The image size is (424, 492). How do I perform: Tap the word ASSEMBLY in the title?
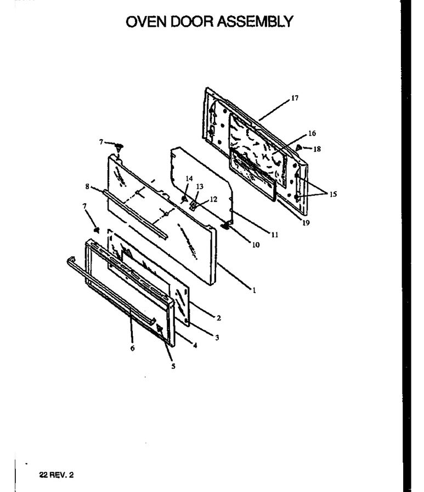(x=255, y=22)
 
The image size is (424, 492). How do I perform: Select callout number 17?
(x=295, y=98)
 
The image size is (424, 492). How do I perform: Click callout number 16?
(x=312, y=133)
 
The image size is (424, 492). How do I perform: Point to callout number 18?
(x=317, y=149)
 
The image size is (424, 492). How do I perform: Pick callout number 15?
(x=333, y=194)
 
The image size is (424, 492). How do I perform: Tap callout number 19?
(x=306, y=223)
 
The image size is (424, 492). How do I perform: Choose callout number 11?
(x=275, y=234)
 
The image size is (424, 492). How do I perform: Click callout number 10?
(x=256, y=245)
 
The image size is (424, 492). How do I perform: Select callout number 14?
(x=189, y=179)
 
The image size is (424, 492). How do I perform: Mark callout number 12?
(x=213, y=199)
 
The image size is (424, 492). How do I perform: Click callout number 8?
(x=87, y=186)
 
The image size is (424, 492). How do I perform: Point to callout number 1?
(x=254, y=290)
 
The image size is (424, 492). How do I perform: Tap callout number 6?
(x=133, y=348)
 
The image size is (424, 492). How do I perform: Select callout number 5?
(x=173, y=366)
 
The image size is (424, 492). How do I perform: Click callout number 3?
(x=217, y=338)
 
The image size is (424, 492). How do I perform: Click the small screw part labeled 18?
(x=298, y=147)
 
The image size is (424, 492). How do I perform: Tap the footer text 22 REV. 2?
(x=56, y=475)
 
